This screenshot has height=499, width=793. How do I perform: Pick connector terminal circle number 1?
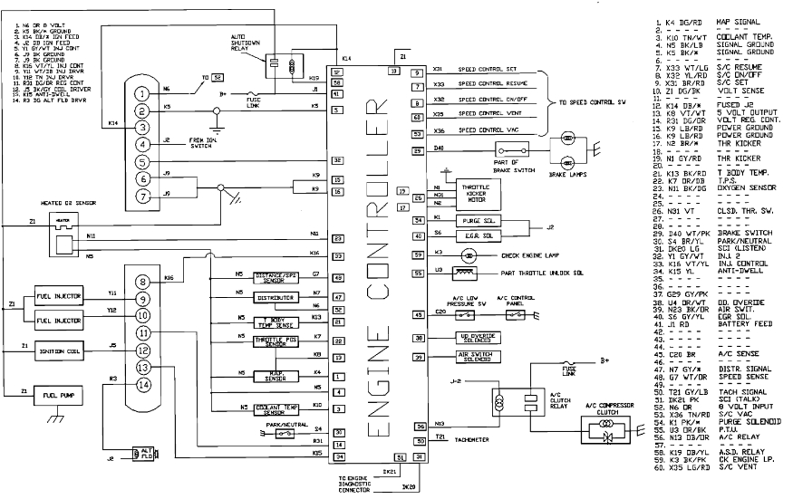141,93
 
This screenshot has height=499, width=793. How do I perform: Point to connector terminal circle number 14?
141,385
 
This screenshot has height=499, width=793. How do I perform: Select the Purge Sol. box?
469,219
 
